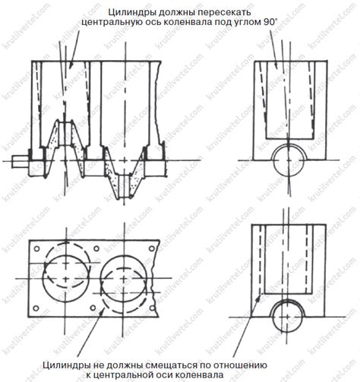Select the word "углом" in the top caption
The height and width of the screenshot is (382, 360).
(x=244, y=22)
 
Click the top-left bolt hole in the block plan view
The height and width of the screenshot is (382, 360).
(x=37, y=249)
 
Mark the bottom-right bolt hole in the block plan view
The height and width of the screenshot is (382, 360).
(x=152, y=308)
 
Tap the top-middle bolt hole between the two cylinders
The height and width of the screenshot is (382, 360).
(x=96, y=249)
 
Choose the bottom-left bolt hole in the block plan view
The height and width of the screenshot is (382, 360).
(x=36, y=308)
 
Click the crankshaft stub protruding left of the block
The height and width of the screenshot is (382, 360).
(x=21, y=161)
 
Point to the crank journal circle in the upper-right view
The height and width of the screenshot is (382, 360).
(x=289, y=161)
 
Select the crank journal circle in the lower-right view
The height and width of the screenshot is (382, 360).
(x=288, y=317)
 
